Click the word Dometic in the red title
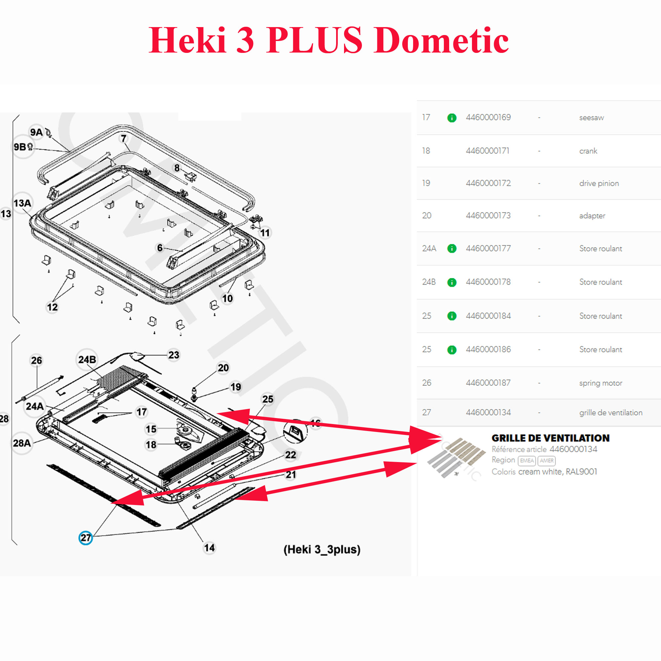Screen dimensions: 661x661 point(441,40)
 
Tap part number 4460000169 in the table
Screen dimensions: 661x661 point(488,117)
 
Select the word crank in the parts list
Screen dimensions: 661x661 point(588,151)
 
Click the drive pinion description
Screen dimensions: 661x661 point(599,183)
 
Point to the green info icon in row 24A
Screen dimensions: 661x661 point(451,249)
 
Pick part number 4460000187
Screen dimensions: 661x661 point(488,383)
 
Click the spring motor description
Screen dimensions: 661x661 point(601,383)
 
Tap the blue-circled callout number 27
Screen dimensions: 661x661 point(86,538)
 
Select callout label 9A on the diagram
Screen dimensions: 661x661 point(36,132)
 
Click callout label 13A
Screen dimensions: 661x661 point(22,203)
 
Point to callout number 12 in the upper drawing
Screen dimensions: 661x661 point(52,307)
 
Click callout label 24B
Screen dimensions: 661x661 point(87,360)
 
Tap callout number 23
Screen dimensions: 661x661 point(174,355)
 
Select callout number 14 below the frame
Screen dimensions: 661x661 point(210,548)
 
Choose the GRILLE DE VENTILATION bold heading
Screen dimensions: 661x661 point(551,438)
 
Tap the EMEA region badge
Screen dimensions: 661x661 point(527,460)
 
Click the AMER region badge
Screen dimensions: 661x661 point(547,460)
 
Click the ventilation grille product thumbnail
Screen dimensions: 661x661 point(456,458)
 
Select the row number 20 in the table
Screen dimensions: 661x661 point(427,215)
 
